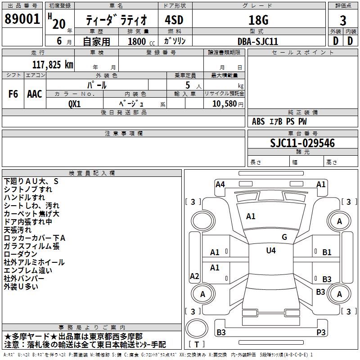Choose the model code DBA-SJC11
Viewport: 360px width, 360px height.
tap(258, 41)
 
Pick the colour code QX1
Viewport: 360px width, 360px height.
tap(75, 103)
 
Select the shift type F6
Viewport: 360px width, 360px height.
tap(13, 94)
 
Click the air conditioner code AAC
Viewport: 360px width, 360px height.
tap(35, 94)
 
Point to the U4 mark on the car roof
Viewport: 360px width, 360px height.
tap(271, 251)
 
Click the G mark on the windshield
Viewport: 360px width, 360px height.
tap(284, 237)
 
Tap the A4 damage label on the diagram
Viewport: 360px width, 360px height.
tap(220, 184)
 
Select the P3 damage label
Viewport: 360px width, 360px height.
tap(321, 333)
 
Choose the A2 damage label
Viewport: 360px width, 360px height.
tap(195, 276)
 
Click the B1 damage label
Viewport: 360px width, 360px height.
tap(327, 252)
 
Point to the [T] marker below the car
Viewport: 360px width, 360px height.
tap(197, 345)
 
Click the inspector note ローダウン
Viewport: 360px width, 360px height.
tap(21, 254)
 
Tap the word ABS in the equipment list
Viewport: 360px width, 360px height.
tap(258, 121)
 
